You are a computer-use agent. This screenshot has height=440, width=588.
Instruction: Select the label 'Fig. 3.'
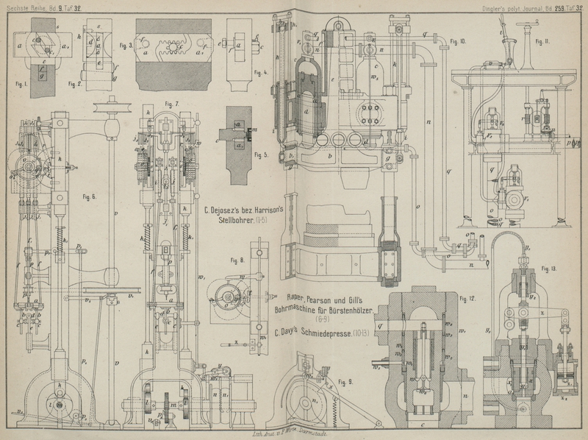[x=125, y=45]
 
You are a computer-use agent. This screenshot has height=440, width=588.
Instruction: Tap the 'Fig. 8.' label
[x=237, y=259]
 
